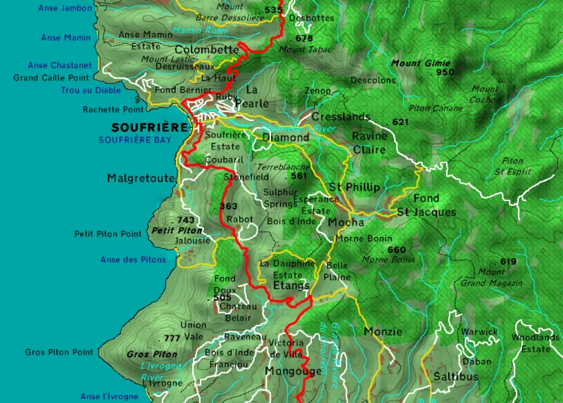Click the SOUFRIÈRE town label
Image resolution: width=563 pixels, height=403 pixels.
coord(141,127)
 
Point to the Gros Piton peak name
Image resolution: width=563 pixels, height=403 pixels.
coord(153,354)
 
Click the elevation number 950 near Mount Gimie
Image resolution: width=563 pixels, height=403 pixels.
coord(445,72)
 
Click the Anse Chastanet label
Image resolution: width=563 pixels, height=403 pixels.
coord(58,65)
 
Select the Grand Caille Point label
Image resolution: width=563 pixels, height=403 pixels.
coord(51,78)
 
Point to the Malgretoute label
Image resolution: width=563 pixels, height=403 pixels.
coord(140,178)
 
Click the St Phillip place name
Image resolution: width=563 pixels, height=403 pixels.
coord(354,187)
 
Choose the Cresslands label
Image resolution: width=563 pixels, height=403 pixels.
coord(341,117)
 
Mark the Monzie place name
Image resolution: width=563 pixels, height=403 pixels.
coord(383,331)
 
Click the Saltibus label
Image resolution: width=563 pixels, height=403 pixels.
coord(455,376)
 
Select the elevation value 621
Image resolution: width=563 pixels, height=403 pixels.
coord(400,122)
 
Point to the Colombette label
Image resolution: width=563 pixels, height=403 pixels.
coord(206,50)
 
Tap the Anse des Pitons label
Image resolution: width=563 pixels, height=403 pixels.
coord(133,260)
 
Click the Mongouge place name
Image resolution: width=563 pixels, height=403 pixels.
coord(293,371)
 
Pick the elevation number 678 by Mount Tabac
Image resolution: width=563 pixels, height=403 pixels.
coord(304,39)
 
